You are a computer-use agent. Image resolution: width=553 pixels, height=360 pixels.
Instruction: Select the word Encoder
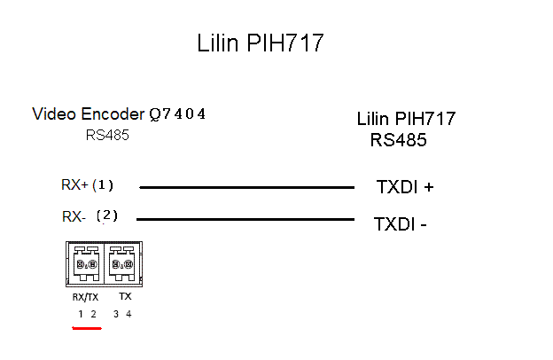tap(111, 113)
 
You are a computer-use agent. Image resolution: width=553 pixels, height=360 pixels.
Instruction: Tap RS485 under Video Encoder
tap(107, 136)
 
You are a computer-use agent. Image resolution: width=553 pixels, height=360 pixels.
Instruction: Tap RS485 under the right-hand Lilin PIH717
tap(399, 140)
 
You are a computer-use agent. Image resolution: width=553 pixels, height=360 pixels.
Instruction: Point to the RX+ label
tap(74, 185)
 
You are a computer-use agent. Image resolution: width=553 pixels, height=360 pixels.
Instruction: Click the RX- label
tap(74, 216)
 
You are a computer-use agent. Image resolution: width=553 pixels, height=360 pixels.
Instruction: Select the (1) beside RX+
tap(104, 185)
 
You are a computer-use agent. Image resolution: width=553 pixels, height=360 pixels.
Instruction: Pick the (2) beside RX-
tap(107, 215)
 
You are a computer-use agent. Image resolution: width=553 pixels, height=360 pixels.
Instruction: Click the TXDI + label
tap(405, 188)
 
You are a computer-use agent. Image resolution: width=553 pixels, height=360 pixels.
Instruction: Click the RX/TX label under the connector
tap(86, 297)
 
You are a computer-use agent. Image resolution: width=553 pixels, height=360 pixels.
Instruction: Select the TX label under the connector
tap(125, 297)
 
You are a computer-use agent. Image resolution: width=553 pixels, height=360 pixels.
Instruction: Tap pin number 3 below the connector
tap(116, 314)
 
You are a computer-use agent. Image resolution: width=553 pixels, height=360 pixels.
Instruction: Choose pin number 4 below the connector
tap(129, 314)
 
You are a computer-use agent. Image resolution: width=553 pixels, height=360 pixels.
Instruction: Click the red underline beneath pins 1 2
tap(87, 328)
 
